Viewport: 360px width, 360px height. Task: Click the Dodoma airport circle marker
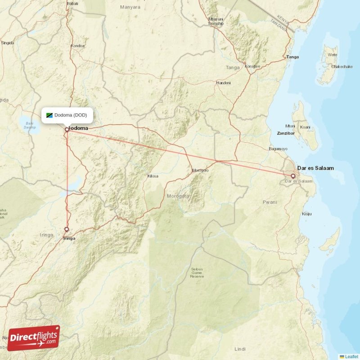coord(67,130)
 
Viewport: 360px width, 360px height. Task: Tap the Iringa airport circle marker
coord(67,229)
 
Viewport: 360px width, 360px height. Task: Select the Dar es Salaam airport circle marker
coord(293,176)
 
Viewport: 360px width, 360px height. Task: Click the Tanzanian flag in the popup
coord(49,115)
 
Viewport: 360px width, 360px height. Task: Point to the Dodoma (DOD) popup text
coord(71,115)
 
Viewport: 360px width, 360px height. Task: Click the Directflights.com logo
coord(33,338)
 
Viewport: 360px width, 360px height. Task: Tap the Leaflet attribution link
coord(351,356)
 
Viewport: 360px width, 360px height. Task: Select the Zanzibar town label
coord(286,134)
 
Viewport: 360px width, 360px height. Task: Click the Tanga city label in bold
coord(292,57)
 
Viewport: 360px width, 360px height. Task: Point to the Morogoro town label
coord(200,170)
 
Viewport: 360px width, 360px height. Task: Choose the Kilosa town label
coord(153,176)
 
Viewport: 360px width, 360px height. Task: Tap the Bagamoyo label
coord(278,148)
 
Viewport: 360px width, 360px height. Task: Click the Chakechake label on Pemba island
coord(342,67)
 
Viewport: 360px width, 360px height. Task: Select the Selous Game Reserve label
coord(197,273)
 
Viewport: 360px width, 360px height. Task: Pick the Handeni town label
coord(224,83)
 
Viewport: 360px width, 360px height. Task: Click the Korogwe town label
coord(252,67)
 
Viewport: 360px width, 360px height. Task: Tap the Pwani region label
coord(270,202)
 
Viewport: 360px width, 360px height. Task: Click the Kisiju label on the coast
coord(307,214)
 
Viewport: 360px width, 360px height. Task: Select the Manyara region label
coord(130,7)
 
